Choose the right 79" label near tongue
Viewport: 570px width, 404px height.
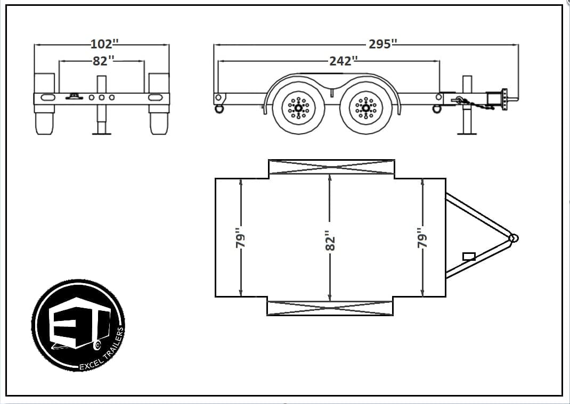422,238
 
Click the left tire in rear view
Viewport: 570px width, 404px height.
44,120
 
